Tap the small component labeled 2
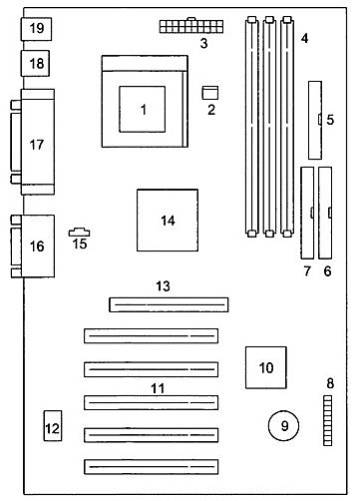tap(210, 92)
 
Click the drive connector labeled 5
tap(316, 121)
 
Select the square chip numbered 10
tap(265, 367)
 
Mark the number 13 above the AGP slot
tap(164, 286)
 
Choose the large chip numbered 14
tap(168, 220)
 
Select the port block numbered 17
tap(37, 144)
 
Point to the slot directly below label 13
tap(167, 303)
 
